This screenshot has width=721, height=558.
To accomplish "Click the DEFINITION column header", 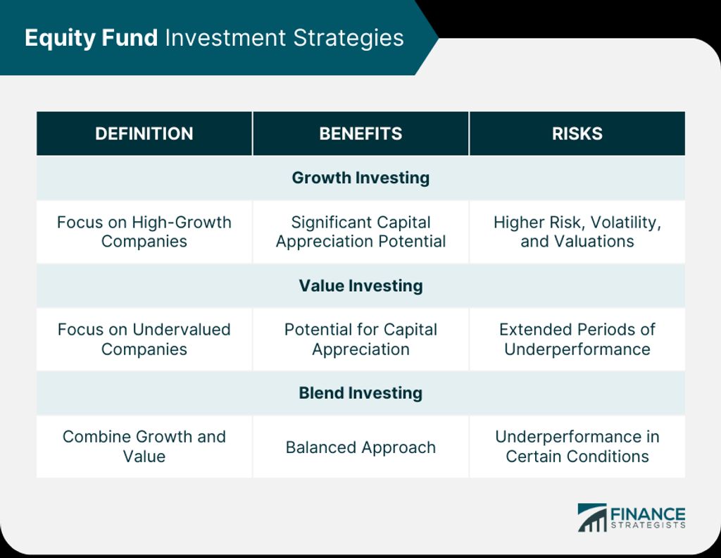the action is point(144,133).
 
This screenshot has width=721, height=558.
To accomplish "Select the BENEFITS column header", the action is point(360,133).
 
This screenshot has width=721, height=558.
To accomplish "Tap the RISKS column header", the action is point(577,133).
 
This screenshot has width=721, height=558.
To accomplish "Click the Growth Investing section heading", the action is point(360,178).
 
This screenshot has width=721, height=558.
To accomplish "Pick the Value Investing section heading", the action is point(360,285).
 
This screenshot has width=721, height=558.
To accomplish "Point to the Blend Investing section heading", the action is point(360,393).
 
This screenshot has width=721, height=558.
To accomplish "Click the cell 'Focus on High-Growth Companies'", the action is point(144,232).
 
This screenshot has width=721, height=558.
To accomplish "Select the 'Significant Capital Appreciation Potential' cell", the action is point(360,232).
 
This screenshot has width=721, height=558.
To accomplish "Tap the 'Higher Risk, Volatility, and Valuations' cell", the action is point(577,232).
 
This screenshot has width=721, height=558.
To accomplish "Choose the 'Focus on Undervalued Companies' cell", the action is point(144,340).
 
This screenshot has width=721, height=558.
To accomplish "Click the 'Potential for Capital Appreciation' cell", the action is point(360,340).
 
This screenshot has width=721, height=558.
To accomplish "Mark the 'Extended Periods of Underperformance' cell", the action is point(577,340).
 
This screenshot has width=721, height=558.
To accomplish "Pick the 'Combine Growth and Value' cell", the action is point(144,447).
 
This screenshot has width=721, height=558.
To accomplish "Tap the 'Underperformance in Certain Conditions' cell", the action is point(577,447).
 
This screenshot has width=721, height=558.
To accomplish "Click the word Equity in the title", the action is point(59,38).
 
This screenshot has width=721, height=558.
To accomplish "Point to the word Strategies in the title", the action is point(349,38).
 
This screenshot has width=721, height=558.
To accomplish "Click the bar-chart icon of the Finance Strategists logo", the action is point(592,518).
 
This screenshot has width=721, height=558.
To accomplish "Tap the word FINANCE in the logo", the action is point(648,514).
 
